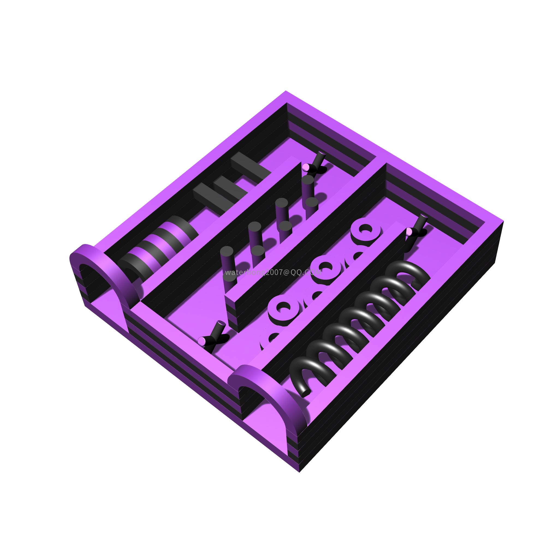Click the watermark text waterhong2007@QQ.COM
[273, 272]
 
